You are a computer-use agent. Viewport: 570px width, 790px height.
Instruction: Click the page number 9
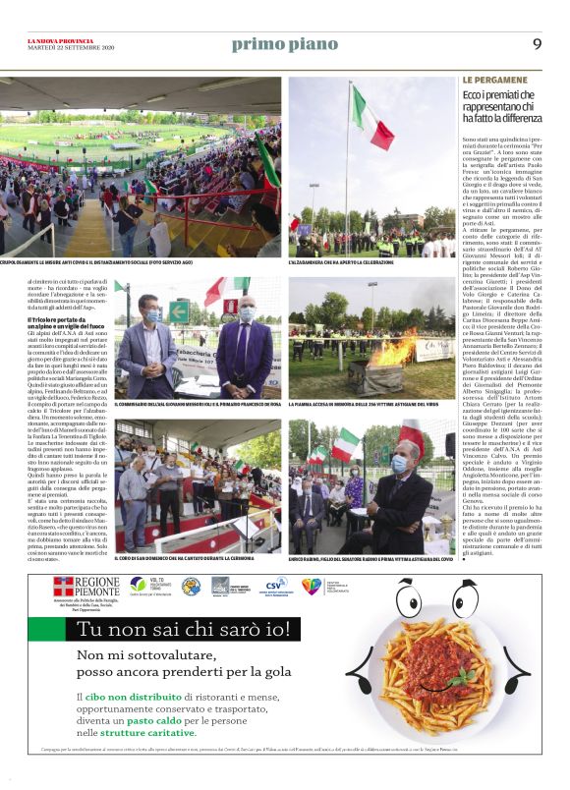coord(537,43)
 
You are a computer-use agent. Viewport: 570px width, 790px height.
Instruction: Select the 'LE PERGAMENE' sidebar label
coord(489,79)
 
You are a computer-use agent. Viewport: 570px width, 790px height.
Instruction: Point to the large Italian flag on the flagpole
coord(371,116)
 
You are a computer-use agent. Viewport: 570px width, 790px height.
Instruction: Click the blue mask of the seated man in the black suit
coord(400,464)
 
